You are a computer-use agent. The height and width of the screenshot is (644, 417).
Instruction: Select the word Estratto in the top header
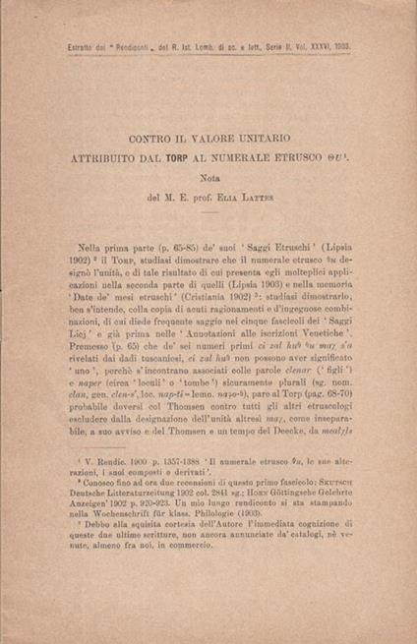click(x=51, y=46)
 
